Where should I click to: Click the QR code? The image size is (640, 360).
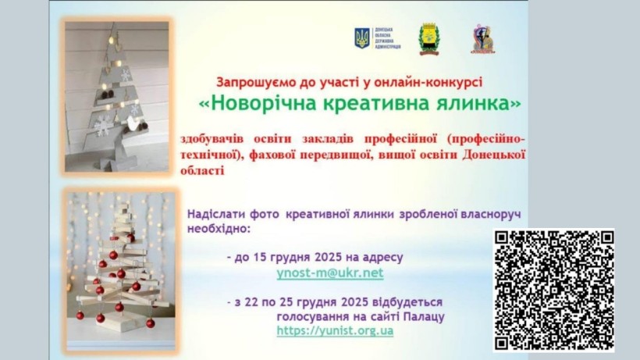pyautogui.click(x=553, y=290)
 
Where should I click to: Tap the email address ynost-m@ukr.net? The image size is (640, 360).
pyautogui.click(x=330, y=273)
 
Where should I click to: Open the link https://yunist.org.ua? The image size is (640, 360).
pyautogui.click(x=335, y=330)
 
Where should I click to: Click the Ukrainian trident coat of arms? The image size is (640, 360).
pyautogui.click(x=362, y=38)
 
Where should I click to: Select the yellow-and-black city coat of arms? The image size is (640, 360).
pyautogui.click(x=428, y=38)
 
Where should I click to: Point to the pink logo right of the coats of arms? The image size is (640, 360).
pyautogui.click(x=482, y=38)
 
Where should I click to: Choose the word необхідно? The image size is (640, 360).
pyautogui.click(x=219, y=229)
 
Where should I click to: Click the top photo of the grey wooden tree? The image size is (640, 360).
pyautogui.click(x=118, y=96)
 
